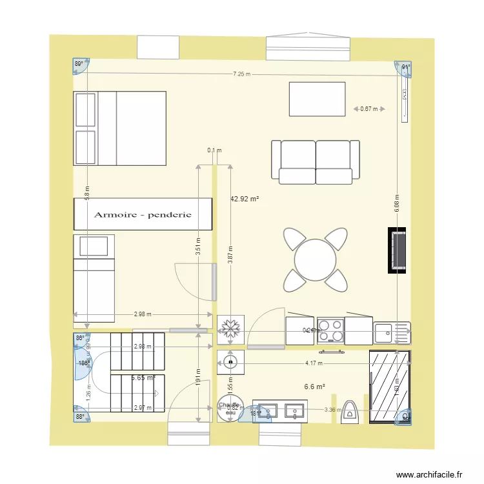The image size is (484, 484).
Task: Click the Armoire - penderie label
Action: [143, 214]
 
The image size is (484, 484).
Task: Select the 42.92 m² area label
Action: [245, 199]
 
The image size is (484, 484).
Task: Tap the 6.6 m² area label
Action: [314, 387]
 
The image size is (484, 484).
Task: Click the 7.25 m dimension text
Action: [242, 75]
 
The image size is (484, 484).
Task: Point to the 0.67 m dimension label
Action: [369, 109]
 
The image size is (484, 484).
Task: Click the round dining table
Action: [315, 259]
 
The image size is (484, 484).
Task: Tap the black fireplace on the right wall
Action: [397, 250]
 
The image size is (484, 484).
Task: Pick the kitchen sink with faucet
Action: [391, 333]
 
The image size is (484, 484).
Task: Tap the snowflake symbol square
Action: [228, 330]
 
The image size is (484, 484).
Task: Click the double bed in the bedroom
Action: [121, 128]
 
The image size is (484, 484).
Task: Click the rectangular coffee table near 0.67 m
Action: [317, 99]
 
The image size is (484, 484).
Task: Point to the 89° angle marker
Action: [79, 64]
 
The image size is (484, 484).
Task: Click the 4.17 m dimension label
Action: [314, 363]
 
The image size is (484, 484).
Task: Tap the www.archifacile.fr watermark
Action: [429, 474]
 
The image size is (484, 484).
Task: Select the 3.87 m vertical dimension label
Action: [230, 255]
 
